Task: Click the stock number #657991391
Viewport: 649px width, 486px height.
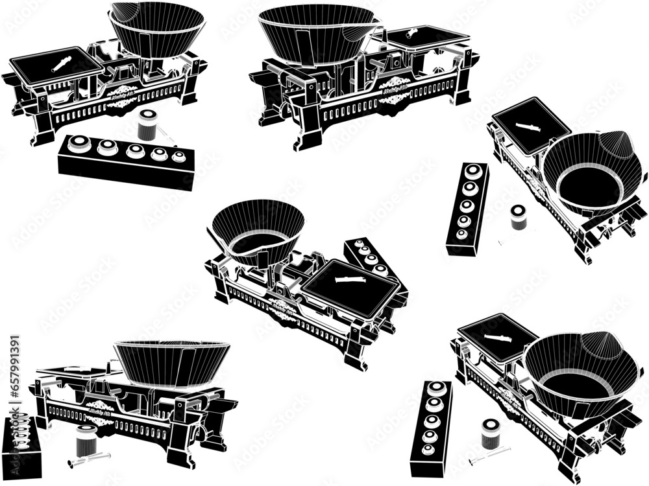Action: point(15,376)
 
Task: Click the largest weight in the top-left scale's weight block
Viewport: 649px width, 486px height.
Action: point(80,144)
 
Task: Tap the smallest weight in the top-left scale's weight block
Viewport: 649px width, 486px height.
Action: point(178,156)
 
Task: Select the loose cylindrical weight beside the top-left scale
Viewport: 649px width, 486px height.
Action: point(148,125)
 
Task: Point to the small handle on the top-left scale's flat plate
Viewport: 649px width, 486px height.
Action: point(62,63)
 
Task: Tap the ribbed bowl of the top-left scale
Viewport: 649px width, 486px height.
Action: point(156,29)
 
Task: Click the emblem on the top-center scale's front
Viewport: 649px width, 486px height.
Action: point(394,89)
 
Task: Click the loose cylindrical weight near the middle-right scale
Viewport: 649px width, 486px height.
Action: point(518,218)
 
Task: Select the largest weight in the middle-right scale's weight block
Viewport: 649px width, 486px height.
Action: point(474,172)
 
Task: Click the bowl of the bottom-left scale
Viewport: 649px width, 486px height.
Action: point(172,363)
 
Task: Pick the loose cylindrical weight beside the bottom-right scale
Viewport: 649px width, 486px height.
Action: point(491,434)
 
